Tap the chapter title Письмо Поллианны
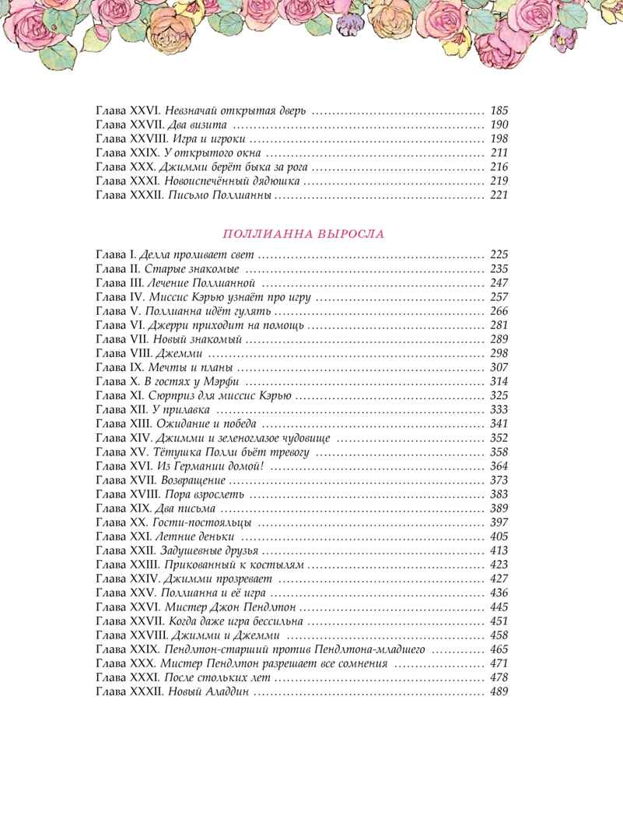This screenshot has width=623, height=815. pyautogui.click(x=219, y=195)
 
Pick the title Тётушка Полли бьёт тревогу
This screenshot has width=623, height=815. pyautogui.click(x=234, y=451)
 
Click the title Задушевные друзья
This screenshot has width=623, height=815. pyautogui.click(x=206, y=550)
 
